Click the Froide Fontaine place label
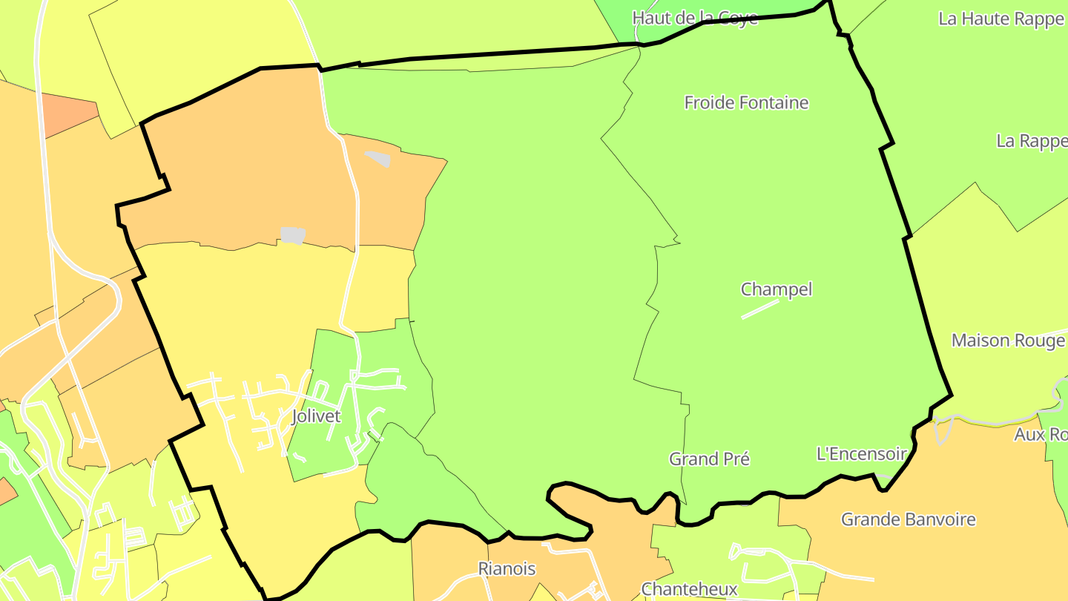click(746, 102)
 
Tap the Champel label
click(777, 289)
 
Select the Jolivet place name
click(316, 416)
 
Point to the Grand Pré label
click(709, 459)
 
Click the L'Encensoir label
click(860, 453)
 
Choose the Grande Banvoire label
click(908, 519)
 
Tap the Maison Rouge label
click(1008, 341)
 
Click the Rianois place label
click(507, 569)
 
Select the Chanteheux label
click(689, 589)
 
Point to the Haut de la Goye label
click(695, 17)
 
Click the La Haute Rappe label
click(1001, 19)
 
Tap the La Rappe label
click(1031, 141)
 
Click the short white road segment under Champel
click(760, 309)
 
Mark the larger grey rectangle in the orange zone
click(293, 235)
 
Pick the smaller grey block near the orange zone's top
click(378, 158)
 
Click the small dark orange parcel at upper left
click(68, 114)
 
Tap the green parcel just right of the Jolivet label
click(393, 393)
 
